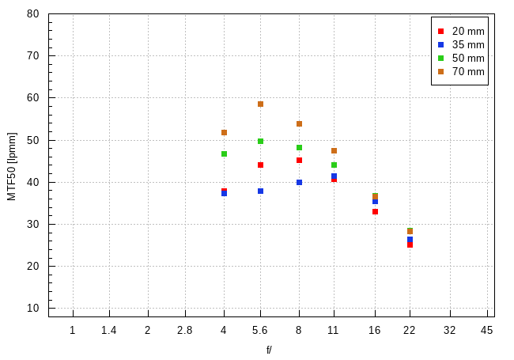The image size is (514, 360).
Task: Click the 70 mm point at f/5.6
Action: [x=260, y=104]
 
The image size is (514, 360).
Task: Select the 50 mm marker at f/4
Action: [x=224, y=153]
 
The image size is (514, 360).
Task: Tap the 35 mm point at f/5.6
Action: [x=260, y=191]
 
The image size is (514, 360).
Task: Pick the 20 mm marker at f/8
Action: [x=299, y=160]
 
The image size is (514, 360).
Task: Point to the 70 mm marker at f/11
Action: [x=334, y=150]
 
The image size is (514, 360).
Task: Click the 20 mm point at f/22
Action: [x=410, y=244]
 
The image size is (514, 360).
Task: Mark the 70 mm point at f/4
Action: [x=224, y=132]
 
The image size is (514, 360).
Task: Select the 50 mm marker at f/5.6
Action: [x=260, y=141]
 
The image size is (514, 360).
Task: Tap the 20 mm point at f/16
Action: [x=375, y=211]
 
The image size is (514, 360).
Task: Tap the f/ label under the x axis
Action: [x=270, y=349]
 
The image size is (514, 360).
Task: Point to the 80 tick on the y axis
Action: [x=33, y=14]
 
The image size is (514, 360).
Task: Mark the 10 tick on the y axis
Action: [x=33, y=309]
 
